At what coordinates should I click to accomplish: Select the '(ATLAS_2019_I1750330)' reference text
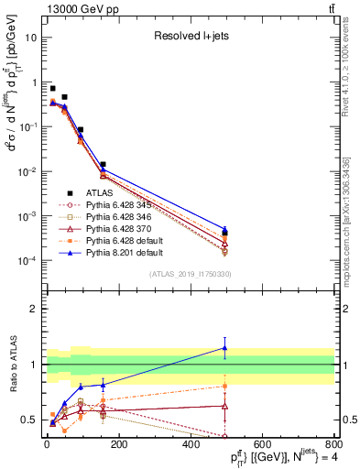[189, 274]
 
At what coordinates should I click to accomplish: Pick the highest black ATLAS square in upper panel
[52, 88]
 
